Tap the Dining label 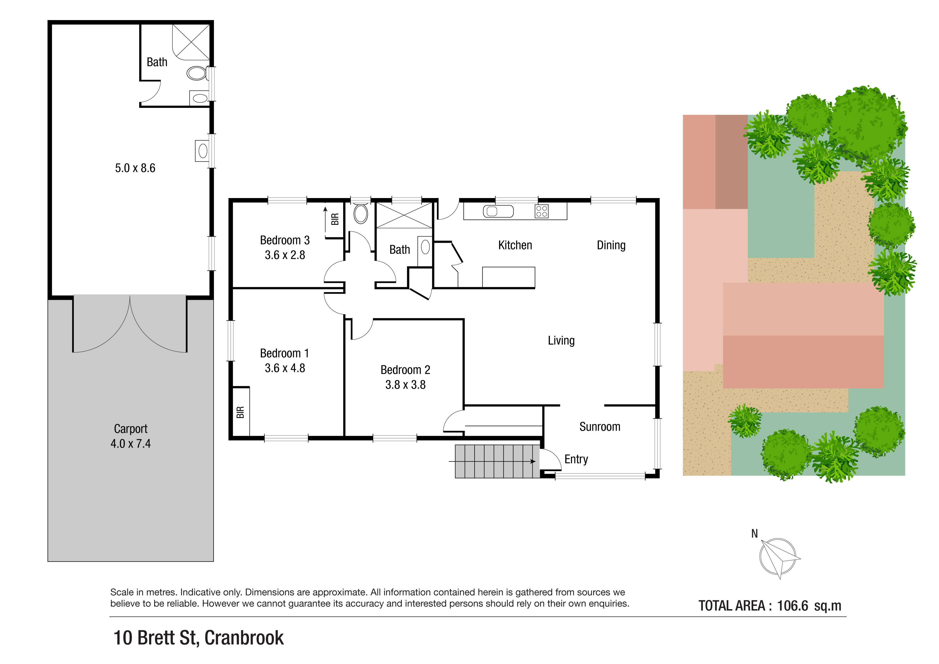pyautogui.click(x=611, y=245)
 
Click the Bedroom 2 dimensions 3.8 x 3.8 pyautogui.click(x=405, y=385)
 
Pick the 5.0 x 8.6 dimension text pyautogui.click(x=135, y=168)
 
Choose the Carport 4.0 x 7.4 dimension pyautogui.click(x=130, y=444)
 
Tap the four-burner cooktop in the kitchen pyautogui.click(x=542, y=211)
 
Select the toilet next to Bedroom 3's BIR pyautogui.click(x=361, y=213)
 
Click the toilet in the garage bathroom pyautogui.click(x=197, y=73)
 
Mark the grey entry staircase pyautogui.click(x=497, y=461)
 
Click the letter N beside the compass pyautogui.click(x=755, y=534)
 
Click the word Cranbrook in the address pyautogui.click(x=244, y=638)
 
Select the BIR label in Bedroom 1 pyautogui.click(x=240, y=412)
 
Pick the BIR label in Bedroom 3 pyautogui.click(x=335, y=219)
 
